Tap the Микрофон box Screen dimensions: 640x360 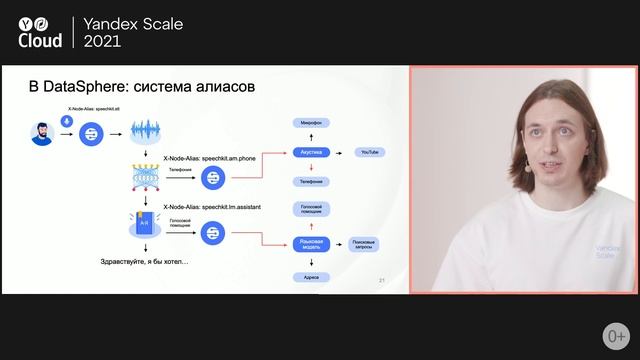coord(311,122)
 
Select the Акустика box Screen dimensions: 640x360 coord(311,152)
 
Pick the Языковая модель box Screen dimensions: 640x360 coord(311,242)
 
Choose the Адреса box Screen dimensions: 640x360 coord(311,275)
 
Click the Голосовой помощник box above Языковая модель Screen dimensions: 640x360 coord(311,206)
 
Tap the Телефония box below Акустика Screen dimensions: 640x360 coord(311,182)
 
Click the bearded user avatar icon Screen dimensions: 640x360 coord(42,134)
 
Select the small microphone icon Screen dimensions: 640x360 coord(67,121)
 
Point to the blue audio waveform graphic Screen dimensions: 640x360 coord(145,131)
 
